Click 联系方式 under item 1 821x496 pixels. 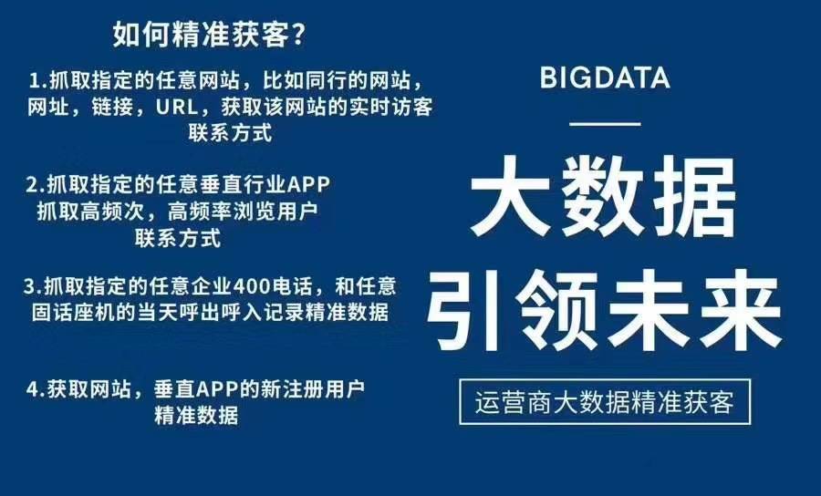tap(230, 133)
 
